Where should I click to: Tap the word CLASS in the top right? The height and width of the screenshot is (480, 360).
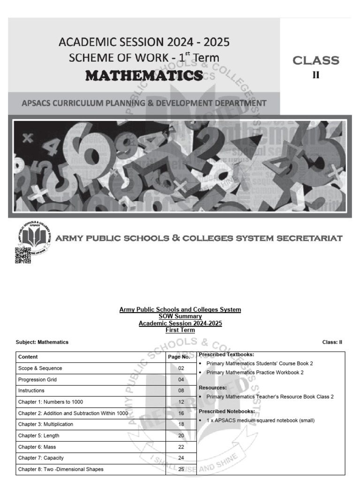[315, 60]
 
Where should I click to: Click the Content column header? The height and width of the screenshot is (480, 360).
[28, 357]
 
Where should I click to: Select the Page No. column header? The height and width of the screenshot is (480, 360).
[179, 357]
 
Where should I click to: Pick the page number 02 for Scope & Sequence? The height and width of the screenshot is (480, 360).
[181, 368]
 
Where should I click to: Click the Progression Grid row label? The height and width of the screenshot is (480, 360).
[37, 380]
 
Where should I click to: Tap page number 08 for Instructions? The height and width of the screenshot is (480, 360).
[181, 390]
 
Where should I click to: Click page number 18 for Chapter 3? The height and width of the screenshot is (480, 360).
[181, 424]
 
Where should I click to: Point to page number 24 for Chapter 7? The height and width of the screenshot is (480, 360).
[181, 458]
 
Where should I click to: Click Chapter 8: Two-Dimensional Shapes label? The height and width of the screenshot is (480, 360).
[61, 469]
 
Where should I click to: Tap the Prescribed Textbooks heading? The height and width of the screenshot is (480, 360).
[227, 354]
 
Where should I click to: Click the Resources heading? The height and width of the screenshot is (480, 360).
[213, 388]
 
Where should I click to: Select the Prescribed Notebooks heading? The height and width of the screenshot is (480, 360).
[227, 411]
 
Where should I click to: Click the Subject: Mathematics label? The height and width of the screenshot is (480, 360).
[42, 342]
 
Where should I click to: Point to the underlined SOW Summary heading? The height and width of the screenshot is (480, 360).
[180, 316]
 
